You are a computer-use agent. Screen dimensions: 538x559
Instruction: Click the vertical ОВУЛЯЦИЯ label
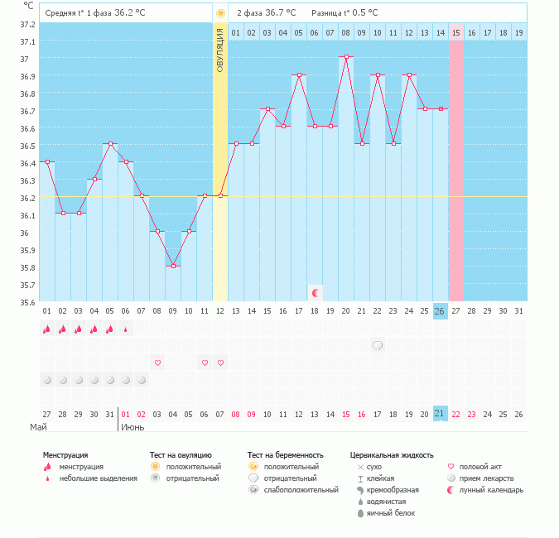[220, 50]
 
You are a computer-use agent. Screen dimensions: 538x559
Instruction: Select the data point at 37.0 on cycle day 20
[345, 56]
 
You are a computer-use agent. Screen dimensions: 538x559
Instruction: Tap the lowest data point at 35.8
[173, 266]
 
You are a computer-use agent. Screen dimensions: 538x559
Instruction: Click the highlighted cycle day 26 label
[440, 310]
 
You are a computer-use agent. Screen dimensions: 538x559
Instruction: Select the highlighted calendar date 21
[440, 414]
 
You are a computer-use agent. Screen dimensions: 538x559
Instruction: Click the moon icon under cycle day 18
[315, 292]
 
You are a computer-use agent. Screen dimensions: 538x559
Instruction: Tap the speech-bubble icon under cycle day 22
[377, 345]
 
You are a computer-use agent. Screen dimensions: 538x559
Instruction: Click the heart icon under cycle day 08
[157, 363]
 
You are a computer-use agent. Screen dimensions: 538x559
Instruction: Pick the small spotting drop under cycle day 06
[126, 329]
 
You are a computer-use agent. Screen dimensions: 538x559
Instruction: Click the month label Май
[38, 427]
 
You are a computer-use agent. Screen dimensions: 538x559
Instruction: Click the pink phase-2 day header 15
[455, 32]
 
